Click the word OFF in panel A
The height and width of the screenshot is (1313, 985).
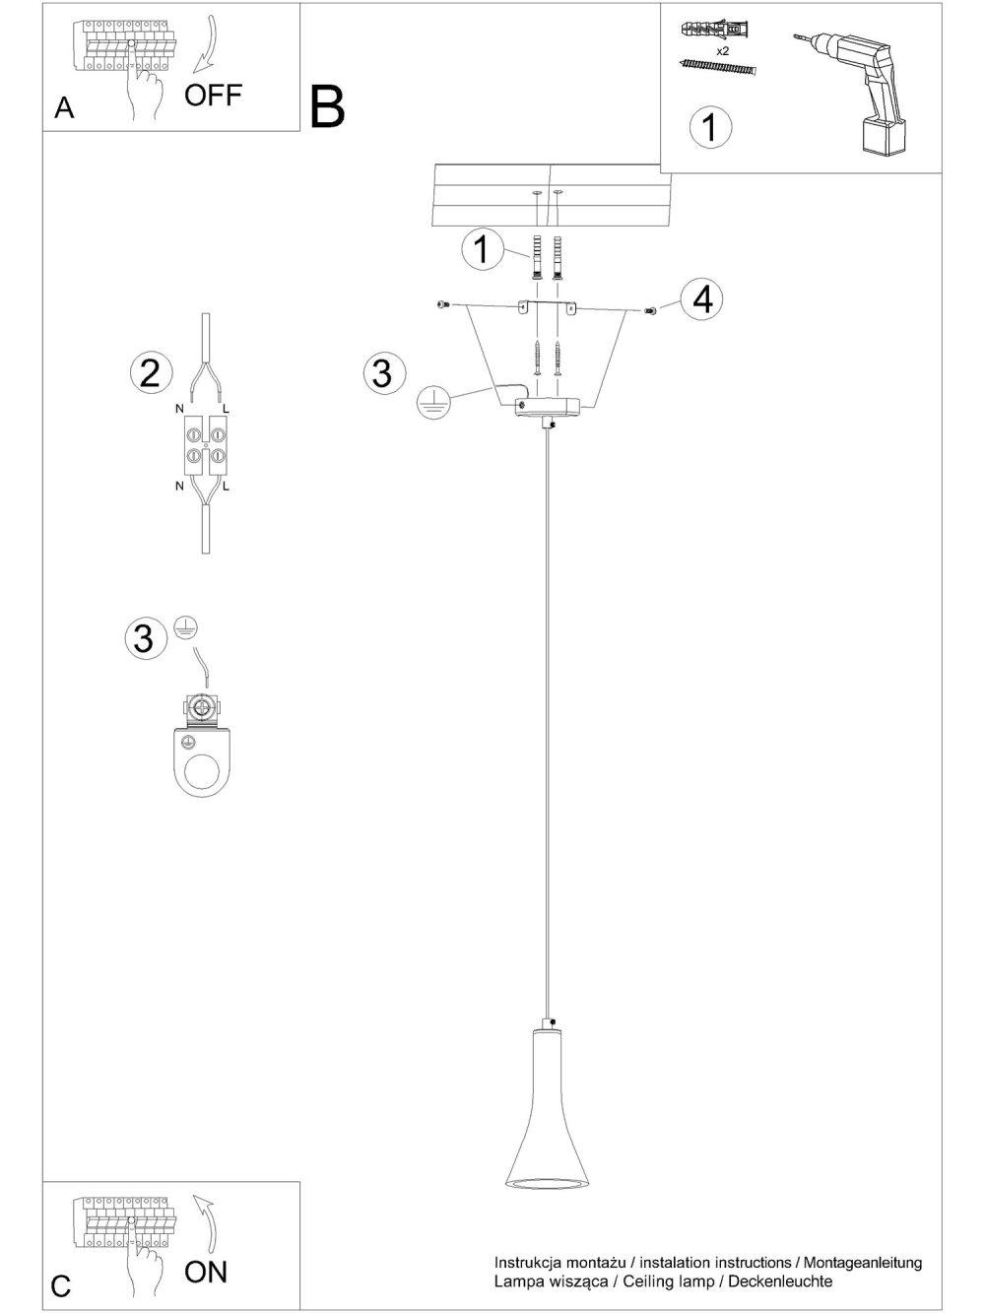tap(213, 96)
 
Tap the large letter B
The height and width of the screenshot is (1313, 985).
tap(327, 107)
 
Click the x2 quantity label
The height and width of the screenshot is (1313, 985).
tap(722, 51)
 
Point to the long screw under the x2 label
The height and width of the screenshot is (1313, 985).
tap(718, 66)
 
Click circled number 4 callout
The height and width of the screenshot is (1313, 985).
tap(701, 298)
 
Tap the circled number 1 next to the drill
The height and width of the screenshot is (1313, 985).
tap(710, 127)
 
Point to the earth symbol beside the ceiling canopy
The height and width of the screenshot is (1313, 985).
tap(433, 401)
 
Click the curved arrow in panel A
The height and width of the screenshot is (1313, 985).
tap(207, 43)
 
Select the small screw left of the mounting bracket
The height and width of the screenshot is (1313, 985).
tap(442, 304)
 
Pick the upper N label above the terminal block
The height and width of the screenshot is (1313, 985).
tap(179, 409)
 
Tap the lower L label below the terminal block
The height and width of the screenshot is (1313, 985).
tap(226, 487)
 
